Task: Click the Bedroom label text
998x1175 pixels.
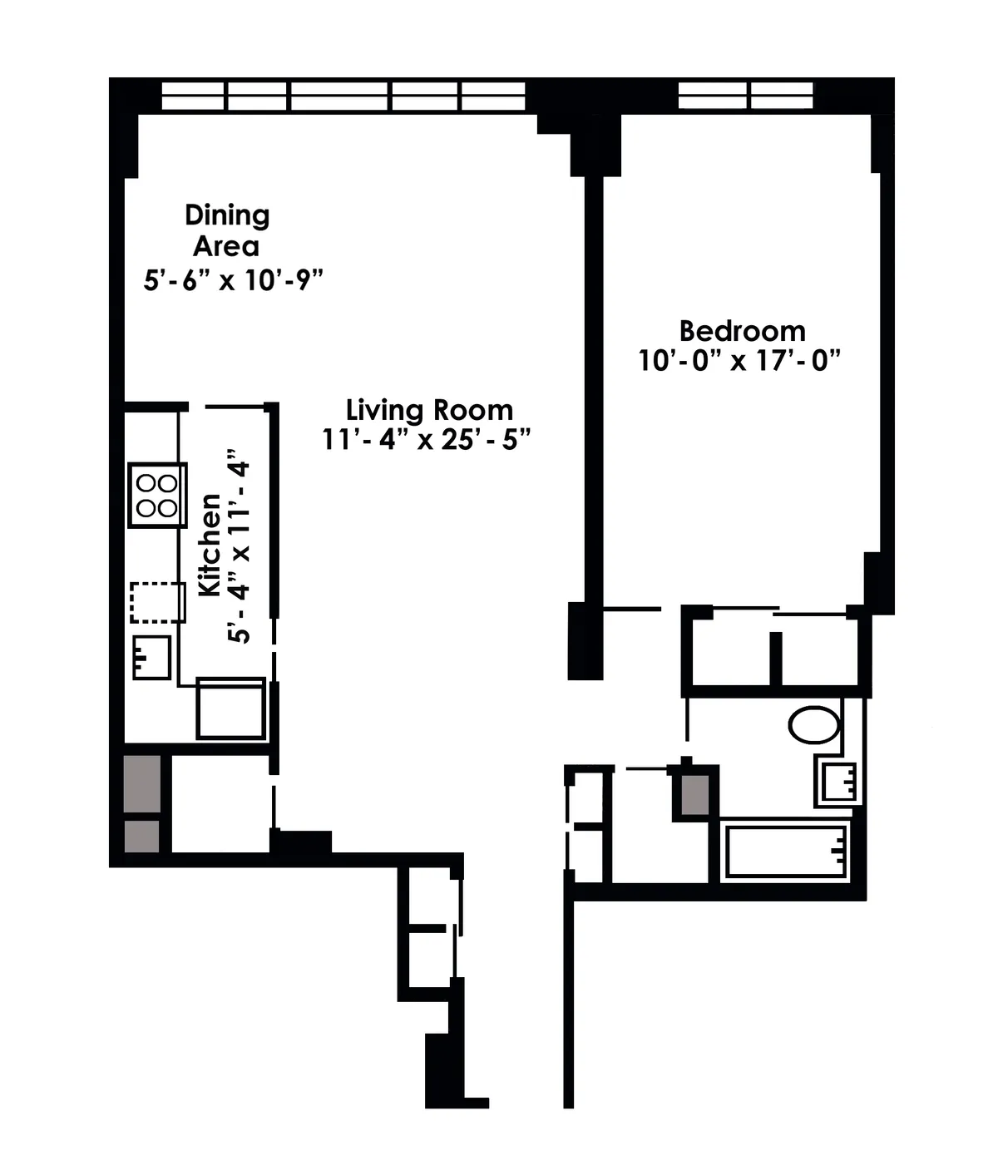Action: tap(742, 331)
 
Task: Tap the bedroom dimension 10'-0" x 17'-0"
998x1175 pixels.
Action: tap(739, 361)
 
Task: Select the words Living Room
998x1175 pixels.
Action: tap(429, 410)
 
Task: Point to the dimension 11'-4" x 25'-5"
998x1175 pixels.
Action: tap(426, 439)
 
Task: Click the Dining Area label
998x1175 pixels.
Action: tap(226, 230)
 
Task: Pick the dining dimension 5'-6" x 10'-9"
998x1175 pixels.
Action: tap(233, 280)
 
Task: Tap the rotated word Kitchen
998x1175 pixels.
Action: tap(210, 545)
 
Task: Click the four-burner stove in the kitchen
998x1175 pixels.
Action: tap(157, 496)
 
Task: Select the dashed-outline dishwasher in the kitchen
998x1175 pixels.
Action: tap(157, 602)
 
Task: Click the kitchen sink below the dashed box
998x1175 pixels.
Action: tap(151, 657)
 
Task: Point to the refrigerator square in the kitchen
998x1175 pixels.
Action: tap(230, 708)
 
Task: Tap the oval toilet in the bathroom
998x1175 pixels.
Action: tap(813, 725)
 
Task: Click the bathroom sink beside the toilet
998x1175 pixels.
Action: tap(837, 783)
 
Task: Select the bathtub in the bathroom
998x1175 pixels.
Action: tap(786, 851)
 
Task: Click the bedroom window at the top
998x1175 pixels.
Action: tap(745, 95)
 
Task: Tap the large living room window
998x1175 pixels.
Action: tap(343, 96)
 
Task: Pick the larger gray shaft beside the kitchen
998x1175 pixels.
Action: tap(142, 783)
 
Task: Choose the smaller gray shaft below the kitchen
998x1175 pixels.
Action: tap(142, 836)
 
